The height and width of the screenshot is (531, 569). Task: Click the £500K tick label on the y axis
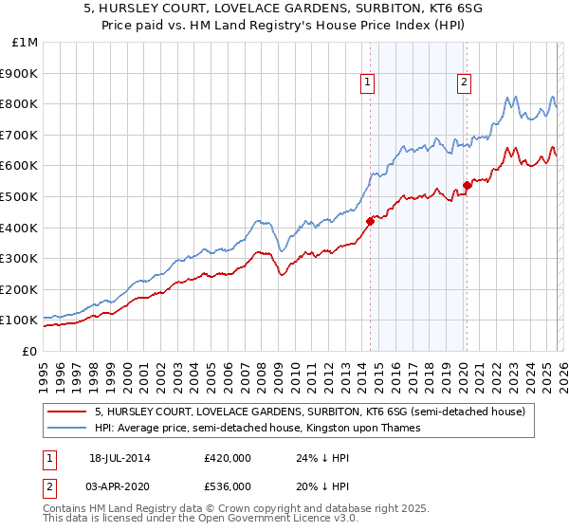(x=19, y=196)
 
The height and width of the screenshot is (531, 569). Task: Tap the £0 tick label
(x=29, y=351)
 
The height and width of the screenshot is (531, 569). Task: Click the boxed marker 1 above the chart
(x=367, y=83)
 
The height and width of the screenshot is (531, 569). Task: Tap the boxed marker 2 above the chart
(x=465, y=83)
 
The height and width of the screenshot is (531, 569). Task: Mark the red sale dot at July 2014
(x=370, y=221)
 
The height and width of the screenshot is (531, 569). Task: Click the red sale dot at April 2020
(x=467, y=185)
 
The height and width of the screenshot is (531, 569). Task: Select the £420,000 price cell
(x=228, y=458)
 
